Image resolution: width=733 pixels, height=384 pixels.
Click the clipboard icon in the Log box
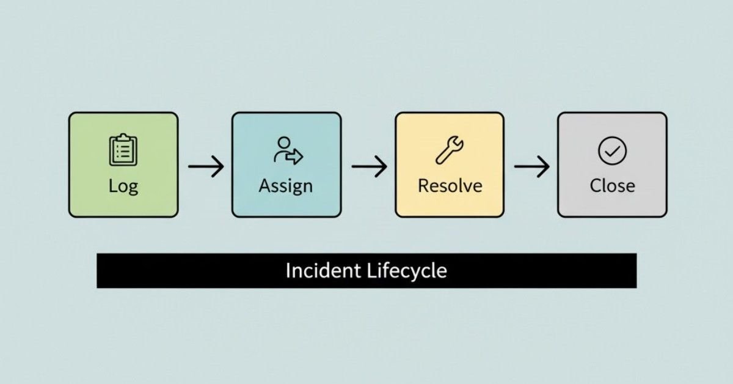pos(123,149)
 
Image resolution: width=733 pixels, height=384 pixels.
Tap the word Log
pos(123,186)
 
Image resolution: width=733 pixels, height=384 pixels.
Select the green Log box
pos(123,164)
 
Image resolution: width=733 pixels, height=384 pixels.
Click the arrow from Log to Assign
pos(206,166)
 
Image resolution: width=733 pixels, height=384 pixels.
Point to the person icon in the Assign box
pos(288,150)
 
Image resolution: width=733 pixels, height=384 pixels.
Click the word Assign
pos(286,186)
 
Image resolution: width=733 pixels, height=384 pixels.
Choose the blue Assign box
pos(286,164)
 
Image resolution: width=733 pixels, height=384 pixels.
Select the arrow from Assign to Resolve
pos(369,166)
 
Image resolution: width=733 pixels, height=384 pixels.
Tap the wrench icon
pos(450,150)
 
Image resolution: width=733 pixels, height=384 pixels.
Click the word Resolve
pos(450,186)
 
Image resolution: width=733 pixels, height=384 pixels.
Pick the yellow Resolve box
pos(450,164)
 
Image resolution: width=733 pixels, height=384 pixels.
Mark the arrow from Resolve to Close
pos(532,166)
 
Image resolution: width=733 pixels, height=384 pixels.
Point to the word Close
pos(612,186)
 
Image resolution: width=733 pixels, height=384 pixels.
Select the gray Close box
pos(612,164)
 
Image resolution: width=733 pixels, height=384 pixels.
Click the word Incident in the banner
pos(323,271)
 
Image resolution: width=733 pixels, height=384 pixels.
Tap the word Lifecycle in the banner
pos(407,271)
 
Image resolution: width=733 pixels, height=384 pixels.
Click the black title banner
pos(366,271)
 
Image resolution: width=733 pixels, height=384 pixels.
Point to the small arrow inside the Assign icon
pos(294,157)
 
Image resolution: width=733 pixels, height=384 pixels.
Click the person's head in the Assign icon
pos(283,142)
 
